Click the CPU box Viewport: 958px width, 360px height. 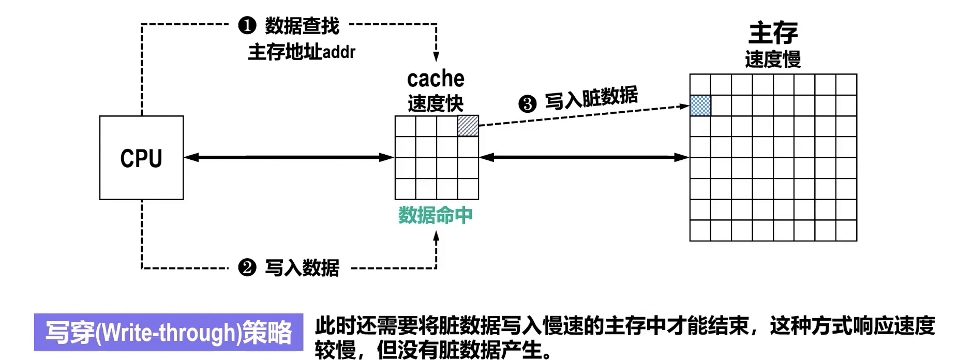coord(141,158)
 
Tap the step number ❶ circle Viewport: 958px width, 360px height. coord(247,25)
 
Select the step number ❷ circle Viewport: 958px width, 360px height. coord(247,267)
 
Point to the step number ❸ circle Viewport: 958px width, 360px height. coord(527,104)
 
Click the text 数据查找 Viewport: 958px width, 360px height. coord(302,25)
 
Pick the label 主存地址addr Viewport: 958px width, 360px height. coord(302,52)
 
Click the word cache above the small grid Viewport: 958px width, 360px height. coord(436,79)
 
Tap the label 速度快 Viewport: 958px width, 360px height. coord(436,103)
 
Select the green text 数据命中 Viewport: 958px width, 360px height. coord(436,215)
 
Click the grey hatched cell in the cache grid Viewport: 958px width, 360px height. coord(468,126)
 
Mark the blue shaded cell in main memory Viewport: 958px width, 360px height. coord(700,106)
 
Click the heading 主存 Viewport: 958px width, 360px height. coord(773,33)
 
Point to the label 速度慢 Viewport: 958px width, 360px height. coord(773,59)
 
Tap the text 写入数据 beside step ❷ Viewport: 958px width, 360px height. coord(302,267)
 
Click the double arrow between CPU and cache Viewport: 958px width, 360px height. coord(289,157)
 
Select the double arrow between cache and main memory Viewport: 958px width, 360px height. coord(584,157)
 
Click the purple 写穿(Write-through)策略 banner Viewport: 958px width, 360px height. coord(169,332)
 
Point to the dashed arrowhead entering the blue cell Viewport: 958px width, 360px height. coord(685,107)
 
